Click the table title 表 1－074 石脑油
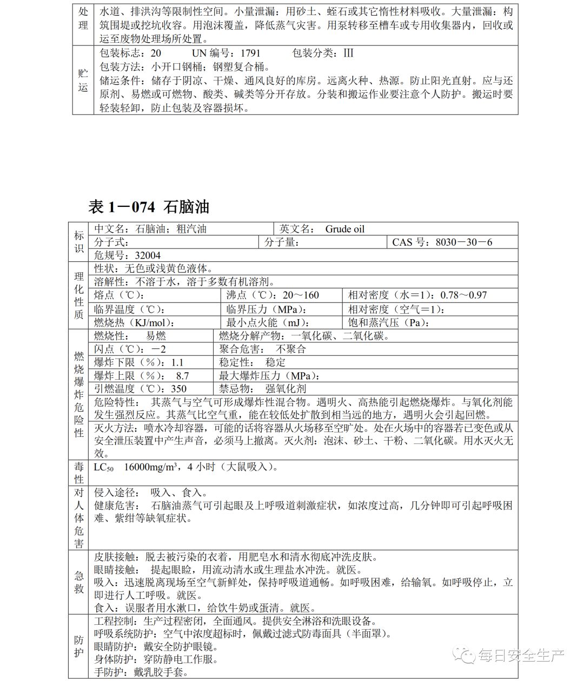149,206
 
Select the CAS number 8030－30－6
464,242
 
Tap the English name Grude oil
345,229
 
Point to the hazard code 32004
148,255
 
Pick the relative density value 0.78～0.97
463,295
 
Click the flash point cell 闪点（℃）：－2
130,349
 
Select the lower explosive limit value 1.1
177,362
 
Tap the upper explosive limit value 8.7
182,376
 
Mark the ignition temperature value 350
178,389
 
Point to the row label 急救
79,582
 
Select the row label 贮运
83,80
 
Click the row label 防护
79,646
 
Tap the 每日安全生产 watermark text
521,656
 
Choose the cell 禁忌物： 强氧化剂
263,389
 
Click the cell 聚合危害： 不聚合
263,349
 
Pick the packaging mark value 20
156,53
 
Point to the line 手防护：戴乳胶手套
142,672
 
